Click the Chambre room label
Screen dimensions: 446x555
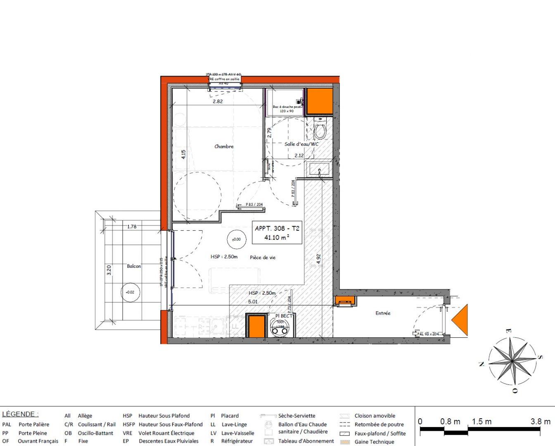click(x=224, y=146)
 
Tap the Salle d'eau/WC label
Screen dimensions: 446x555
click(x=301, y=144)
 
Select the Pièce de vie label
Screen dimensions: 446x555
click(x=263, y=258)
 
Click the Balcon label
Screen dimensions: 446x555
click(x=134, y=266)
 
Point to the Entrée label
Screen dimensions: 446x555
click(x=383, y=313)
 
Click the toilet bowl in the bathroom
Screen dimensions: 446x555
click(x=320, y=131)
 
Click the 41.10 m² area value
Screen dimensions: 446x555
click(x=277, y=238)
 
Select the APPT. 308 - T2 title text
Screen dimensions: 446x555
click(x=277, y=228)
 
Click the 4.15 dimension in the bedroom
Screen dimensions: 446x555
click(x=184, y=155)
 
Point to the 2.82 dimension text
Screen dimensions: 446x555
click(x=218, y=101)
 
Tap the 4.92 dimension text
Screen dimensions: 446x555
click(x=318, y=259)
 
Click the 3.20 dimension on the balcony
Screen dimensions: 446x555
click(x=109, y=270)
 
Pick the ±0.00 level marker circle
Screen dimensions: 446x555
click(x=236, y=239)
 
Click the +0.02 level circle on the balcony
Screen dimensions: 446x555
click(x=130, y=292)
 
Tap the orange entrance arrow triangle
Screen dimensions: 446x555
click(x=460, y=320)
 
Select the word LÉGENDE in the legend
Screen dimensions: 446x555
click(x=20, y=414)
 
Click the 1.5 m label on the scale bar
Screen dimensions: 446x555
click(x=481, y=422)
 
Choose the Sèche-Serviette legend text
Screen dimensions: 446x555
click(x=296, y=416)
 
